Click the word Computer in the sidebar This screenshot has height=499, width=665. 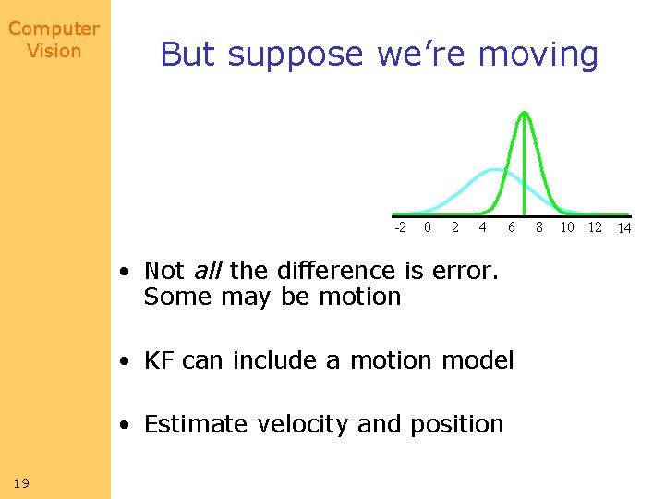[x=54, y=30]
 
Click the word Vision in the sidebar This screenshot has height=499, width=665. [x=54, y=51]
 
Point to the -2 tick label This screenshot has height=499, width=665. [x=400, y=226]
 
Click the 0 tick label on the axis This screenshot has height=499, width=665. [x=427, y=226]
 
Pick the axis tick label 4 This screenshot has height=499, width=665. [x=482, y=226]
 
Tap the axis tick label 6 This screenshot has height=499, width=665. [x=511, y=226]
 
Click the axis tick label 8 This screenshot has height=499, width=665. [x=539, y=226]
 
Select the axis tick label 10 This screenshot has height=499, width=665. [x=567, y=226]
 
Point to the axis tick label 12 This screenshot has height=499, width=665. [x=595, y=226]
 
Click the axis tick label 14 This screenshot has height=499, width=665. [x=624, y=227]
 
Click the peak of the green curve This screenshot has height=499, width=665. [x=524, y=113]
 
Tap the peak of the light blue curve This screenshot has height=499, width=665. [x=496, y=170]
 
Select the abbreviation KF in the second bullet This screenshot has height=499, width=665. [x=160, y=360]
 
